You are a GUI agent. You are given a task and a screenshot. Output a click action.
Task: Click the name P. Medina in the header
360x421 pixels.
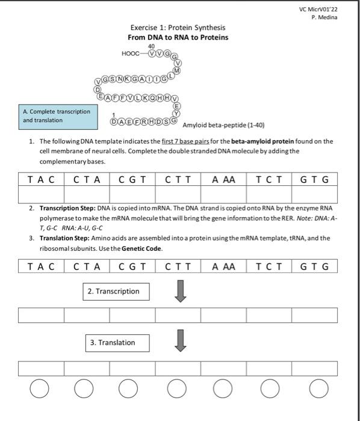click(324, 17)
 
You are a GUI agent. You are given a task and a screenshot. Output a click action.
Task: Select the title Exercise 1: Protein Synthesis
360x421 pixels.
click(178, 28)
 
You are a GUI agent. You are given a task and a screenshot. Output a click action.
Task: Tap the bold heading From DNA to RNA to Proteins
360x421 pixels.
click(178, 37)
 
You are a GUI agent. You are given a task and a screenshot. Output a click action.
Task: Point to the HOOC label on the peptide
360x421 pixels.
click(130, 53)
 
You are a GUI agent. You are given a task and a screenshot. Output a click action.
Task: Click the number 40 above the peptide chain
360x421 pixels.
click(151, 46)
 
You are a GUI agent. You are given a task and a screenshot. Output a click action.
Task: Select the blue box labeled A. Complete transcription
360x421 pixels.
click(57, 115)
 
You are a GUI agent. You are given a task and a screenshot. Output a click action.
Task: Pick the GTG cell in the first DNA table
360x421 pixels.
click(314, 179)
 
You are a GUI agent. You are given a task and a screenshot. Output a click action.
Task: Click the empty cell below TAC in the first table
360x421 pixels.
click(41, 194)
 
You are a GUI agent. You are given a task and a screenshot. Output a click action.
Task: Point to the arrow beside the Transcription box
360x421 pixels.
click(180, 292)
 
